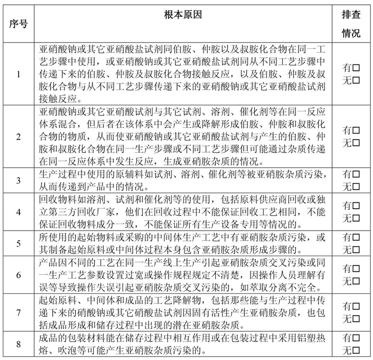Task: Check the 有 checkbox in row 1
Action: tap(356, 68)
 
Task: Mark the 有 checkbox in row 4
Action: tap(356, 205)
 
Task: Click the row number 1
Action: tap(19, 74)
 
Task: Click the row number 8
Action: tap(19, 344)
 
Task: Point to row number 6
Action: tap(19, 275)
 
